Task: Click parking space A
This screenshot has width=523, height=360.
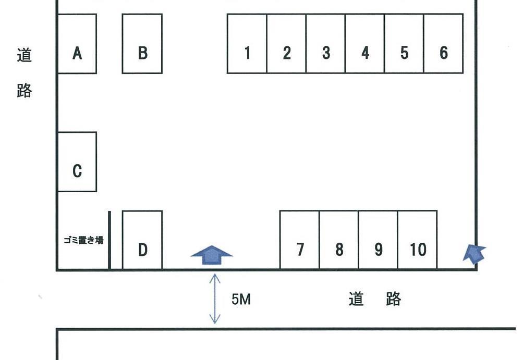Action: pyautogui.click(x=77, y=44)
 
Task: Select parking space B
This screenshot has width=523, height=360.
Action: pyautogui.click(x=142, y=44)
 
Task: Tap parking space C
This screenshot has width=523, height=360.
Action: pyautogui.click(x=77, y=162)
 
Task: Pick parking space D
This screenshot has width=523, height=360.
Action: pyautogui.click(x=142, y=241)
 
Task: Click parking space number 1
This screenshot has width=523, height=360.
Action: pyautogui.click(x=247, y=44)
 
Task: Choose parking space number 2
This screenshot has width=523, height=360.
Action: pyautogui.click(x=286, y=44)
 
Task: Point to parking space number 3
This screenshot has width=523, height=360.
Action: pyautogui.click(x=326, y=44)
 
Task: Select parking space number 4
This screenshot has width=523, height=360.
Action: pyautogui.click(x=365, y=44)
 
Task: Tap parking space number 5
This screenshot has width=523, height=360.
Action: pyautogui.click(x=404, y=44)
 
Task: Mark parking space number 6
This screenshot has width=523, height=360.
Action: pyautogui.click(x=443, y=44)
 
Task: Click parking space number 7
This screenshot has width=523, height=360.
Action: pyautogui.click(x=300, y=240)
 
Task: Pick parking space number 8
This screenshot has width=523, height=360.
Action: pyautogui.click(x=339, y=240)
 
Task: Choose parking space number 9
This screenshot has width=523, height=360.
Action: pyautogui.click(x=378, y=240)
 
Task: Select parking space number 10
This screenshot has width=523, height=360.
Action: pyautogui.click(x=418, y=240)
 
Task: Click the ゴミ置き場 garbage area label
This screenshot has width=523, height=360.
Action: pyautogui.click(x=83, y=240)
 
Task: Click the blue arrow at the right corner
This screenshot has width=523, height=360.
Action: pyautogui.click(x=475, y=254)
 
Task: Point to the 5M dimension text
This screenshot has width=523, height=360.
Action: pyautogui.click(x=241, y=300)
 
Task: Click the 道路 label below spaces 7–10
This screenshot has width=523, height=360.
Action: pyautogui.click(x=375, y=299)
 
